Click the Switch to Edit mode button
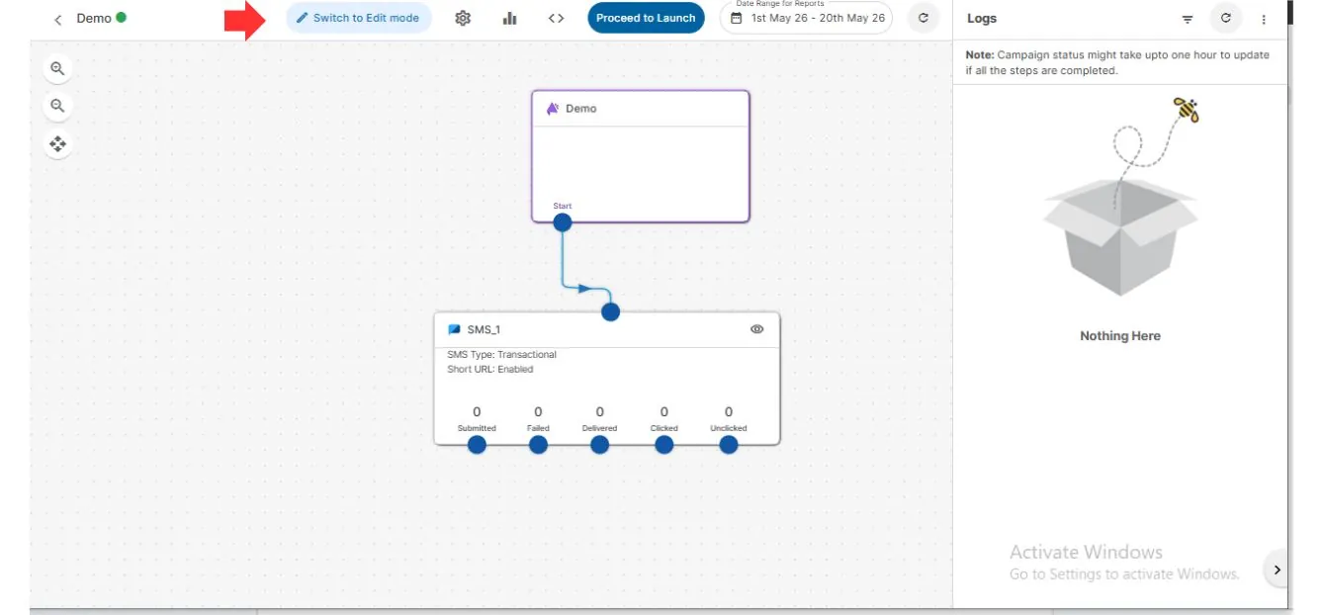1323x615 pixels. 359,18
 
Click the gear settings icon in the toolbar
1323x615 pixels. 463,19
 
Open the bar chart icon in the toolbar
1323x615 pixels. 509,19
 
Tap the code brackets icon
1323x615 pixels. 556,19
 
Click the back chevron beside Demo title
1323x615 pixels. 58,20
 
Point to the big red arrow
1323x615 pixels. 244,20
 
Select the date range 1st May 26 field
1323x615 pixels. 806,18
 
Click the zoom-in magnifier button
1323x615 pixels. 57,68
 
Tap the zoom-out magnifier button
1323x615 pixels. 57,106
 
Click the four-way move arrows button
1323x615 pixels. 57,143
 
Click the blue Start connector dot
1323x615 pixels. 563,222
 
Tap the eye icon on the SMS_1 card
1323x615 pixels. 756,329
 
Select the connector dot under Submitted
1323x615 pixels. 477,445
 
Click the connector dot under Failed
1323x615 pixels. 538,445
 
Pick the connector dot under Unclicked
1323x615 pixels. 728,445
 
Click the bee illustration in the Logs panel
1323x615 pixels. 1187,110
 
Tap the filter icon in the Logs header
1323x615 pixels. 1188,20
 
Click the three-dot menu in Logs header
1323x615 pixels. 1264,20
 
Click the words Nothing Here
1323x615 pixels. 1120,335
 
